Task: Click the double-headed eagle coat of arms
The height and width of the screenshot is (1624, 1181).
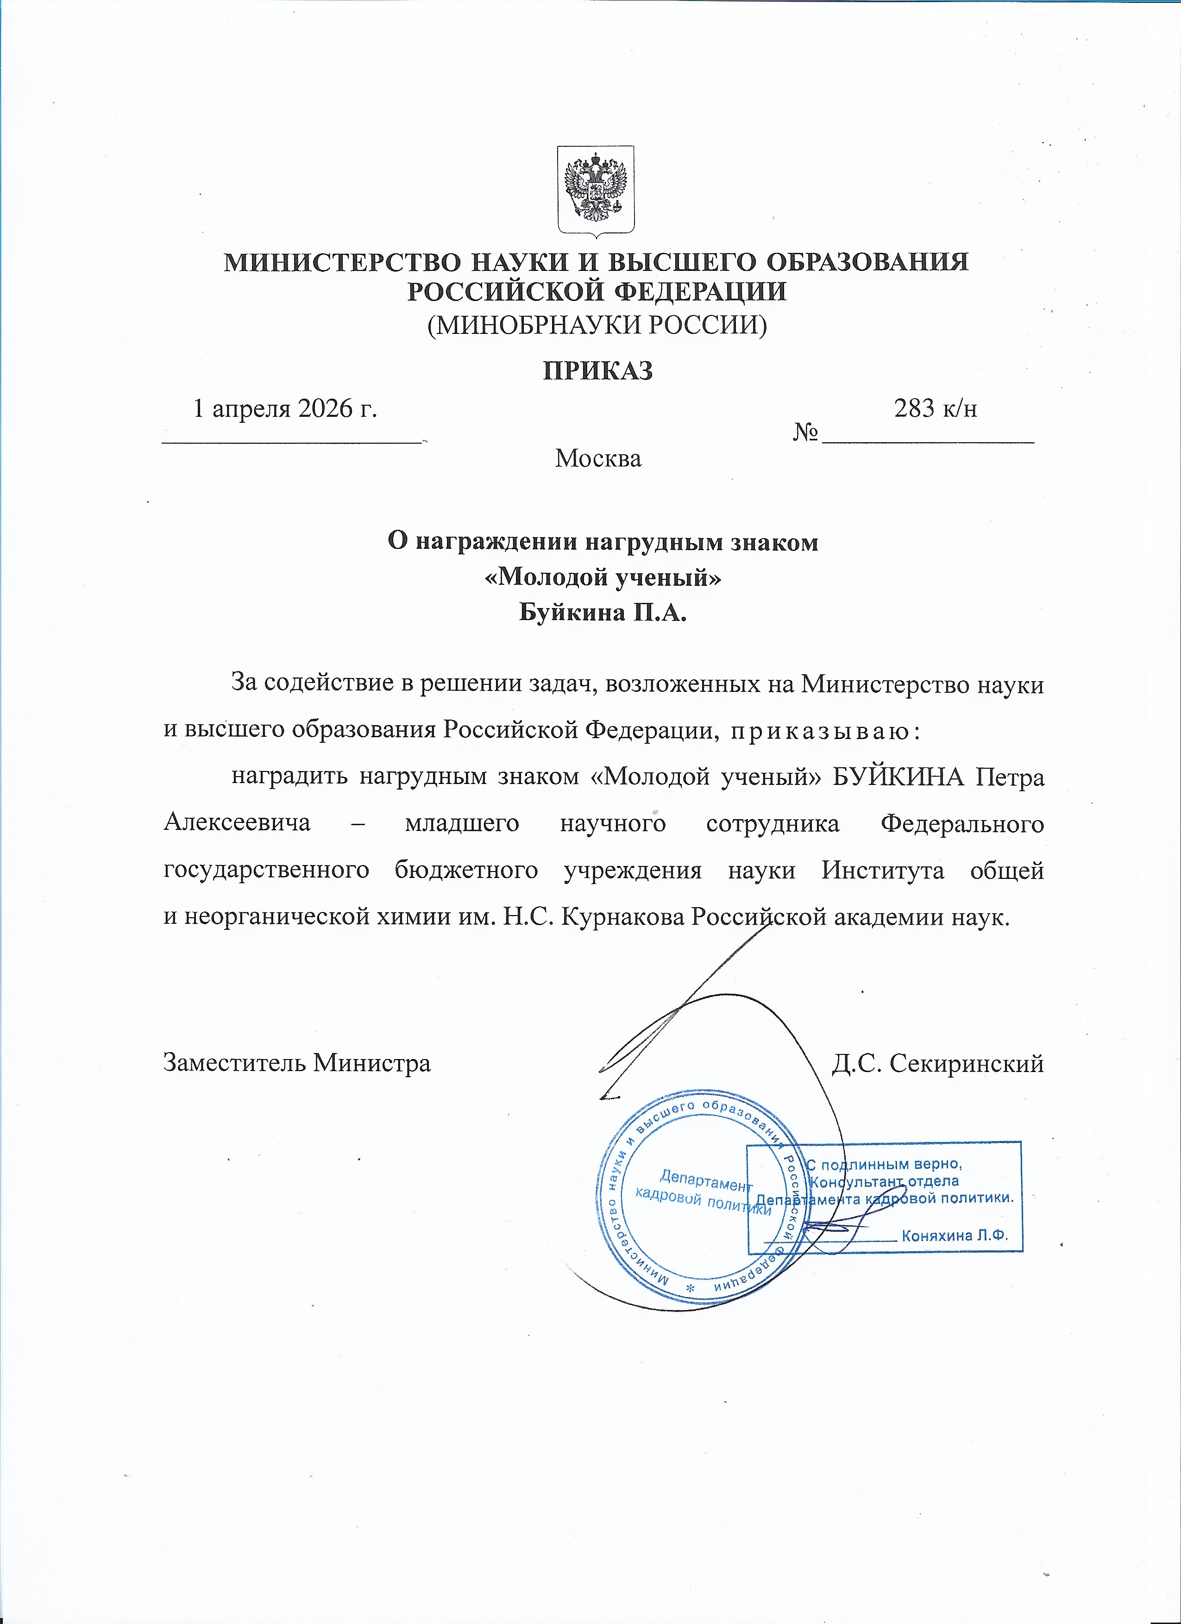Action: pos(596,191)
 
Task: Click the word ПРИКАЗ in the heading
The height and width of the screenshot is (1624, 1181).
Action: pos(597,370)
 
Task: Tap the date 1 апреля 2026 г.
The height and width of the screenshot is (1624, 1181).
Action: pos(285,408)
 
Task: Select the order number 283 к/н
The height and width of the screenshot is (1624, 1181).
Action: pos(936,408)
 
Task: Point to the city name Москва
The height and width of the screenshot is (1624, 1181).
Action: pos(598,458)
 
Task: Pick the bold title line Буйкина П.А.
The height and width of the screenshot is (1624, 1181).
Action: pos(603,612)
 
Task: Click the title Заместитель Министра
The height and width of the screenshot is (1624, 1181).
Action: pos(297,1063)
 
